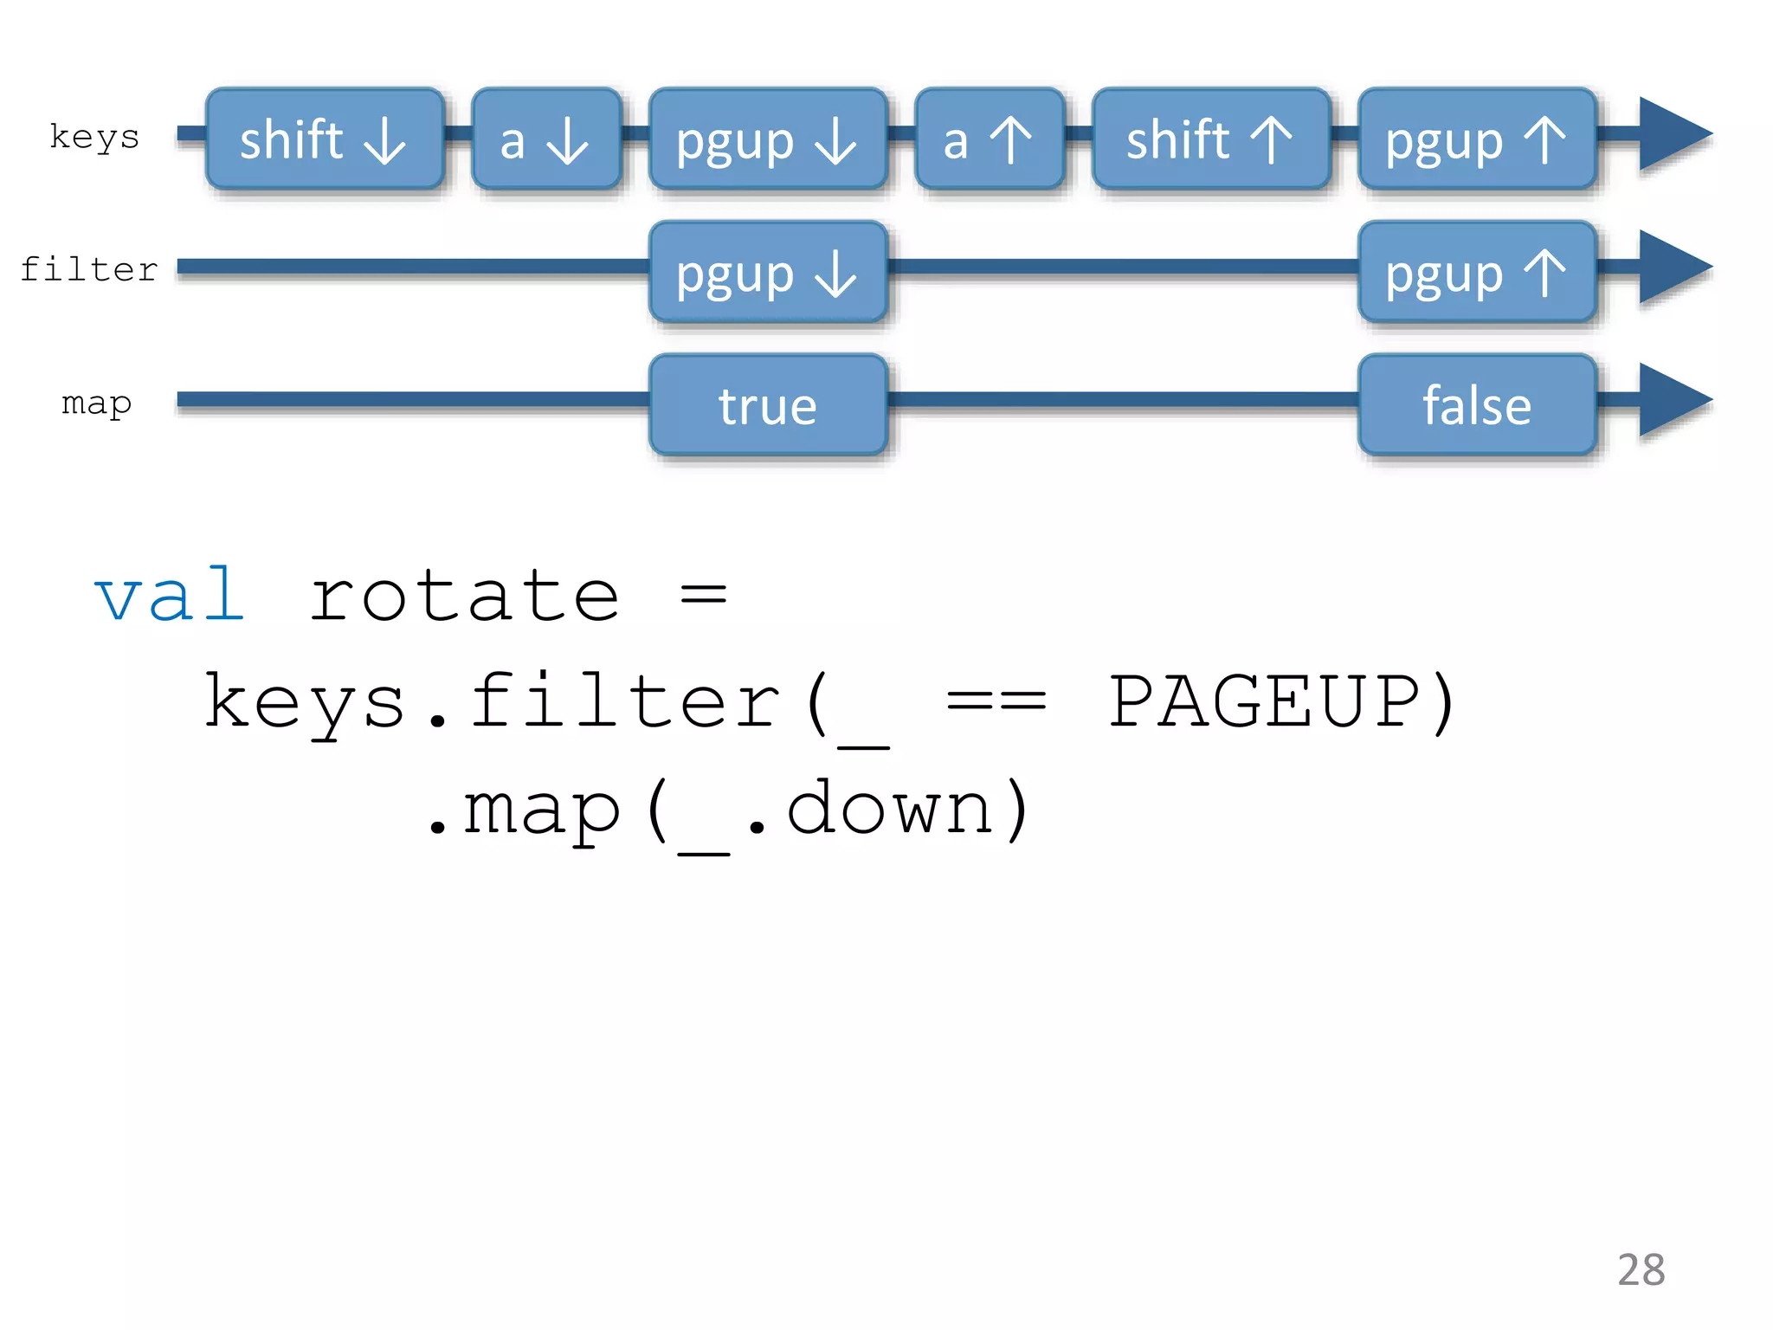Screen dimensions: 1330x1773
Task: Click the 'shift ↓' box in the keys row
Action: [x=325, y=139]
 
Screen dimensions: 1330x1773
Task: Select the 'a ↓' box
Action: [x=546, y=139]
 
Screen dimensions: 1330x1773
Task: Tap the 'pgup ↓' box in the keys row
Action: [x=768, y=139]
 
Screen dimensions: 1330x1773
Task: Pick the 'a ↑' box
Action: [x=990, y=139]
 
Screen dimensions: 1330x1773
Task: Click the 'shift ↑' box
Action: [x=1211, y=139]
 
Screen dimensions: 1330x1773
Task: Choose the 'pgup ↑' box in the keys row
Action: [x=1477, y=139]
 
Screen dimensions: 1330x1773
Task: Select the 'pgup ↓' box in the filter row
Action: [x=768, y=272]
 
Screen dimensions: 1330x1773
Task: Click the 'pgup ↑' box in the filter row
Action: [x=1477, y=272]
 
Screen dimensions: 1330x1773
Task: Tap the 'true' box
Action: [x=768, y=404]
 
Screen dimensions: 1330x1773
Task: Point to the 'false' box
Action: [x=1477, y=404]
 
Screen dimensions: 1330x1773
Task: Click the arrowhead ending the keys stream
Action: [x=1671, y=135]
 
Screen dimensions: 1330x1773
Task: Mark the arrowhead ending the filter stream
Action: [x=1671, y=268]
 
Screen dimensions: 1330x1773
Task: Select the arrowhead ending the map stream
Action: [x=1671, y=400]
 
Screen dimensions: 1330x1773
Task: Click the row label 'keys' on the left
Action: [x=94, y=138]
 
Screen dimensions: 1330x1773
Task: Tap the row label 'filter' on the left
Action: [x=89, y=269]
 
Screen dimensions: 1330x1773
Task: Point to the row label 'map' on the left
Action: [x=96, y=404]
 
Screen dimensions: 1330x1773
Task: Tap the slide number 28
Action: [x=1641, y=1269]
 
